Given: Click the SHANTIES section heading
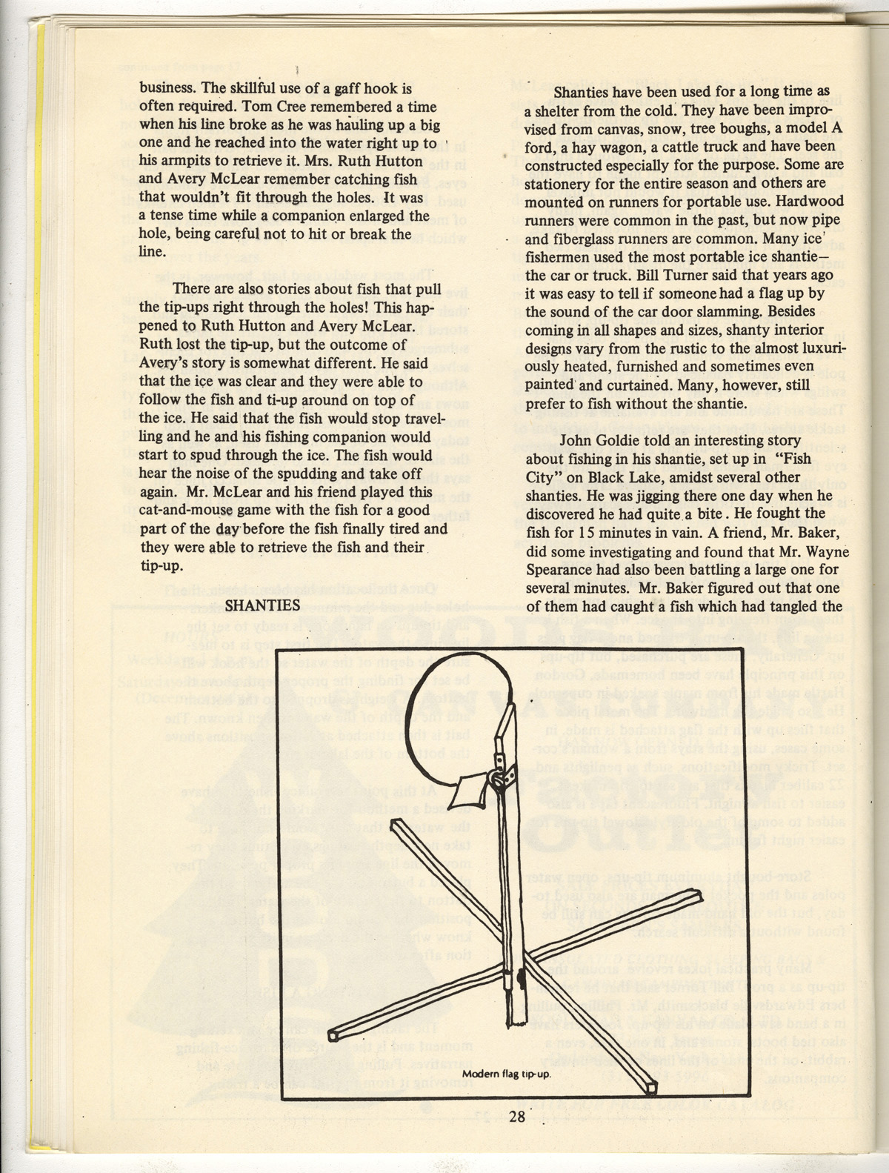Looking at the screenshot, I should (x=262, y=605).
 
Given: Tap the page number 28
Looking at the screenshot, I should (x=516, y=1117).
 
